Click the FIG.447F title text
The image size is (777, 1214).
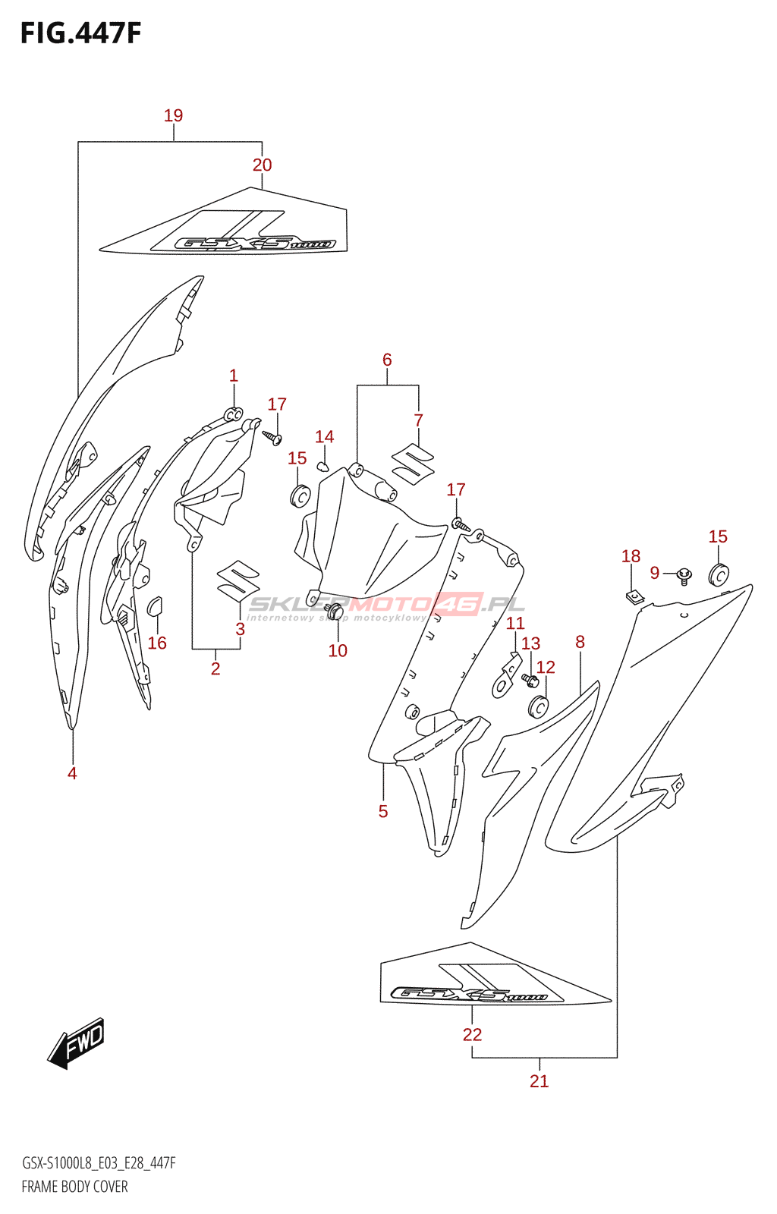pyautogui.click(x=80, y=33)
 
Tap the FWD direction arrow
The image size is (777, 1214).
pyautogui.click(x=77, y=1043)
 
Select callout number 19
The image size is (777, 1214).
pyautogui.click(x=173, y=115)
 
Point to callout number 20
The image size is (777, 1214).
pyautogui.click(x=262, y=165)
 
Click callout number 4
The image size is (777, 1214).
pyautogui.click(x=72, y=773)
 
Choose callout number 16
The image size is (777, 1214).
pyautogui.click(x=157, y=643)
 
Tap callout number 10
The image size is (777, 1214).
pyautogui.click(x=338, y=650)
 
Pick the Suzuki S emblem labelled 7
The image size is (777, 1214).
pyautogui.click(x=413, y=463)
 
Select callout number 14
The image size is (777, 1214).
pyautogui.click(x=324, y=436)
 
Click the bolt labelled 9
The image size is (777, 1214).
pyautogui.click(x=684, y=576)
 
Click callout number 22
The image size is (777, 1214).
pyautogui.click(x=472, y=1034)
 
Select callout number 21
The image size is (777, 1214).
pyautogui.click(x=539, y=1080)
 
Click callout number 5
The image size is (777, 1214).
pyautogui.click(x=383, y=811)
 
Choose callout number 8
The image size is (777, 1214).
pyautogui.click(x=580, y=642)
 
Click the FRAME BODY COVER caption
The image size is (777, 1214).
pyautogui.click(x=74, y=1187)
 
